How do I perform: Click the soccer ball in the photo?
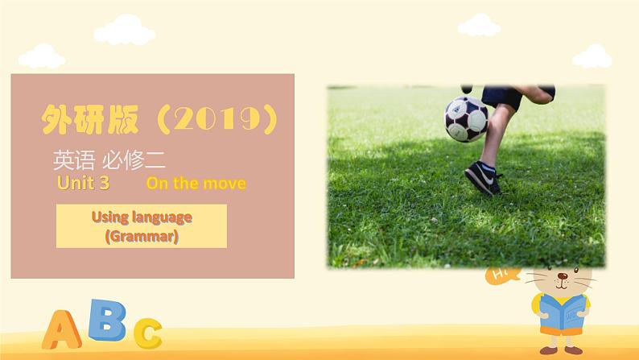tap(466, 118)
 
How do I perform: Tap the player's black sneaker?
tap(484, 176)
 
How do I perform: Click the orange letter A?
tap(61, 329)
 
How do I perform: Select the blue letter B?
tap(107, 320)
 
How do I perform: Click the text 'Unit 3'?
tap(83, 183)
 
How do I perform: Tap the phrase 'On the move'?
tap(196, 183)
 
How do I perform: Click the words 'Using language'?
tap(142, 217)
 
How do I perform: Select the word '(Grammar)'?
tap(142, 237)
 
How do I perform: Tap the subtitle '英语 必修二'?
tap(109, 160)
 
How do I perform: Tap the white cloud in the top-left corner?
tap(41, 56)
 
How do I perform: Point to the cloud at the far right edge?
tap(592, 56)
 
